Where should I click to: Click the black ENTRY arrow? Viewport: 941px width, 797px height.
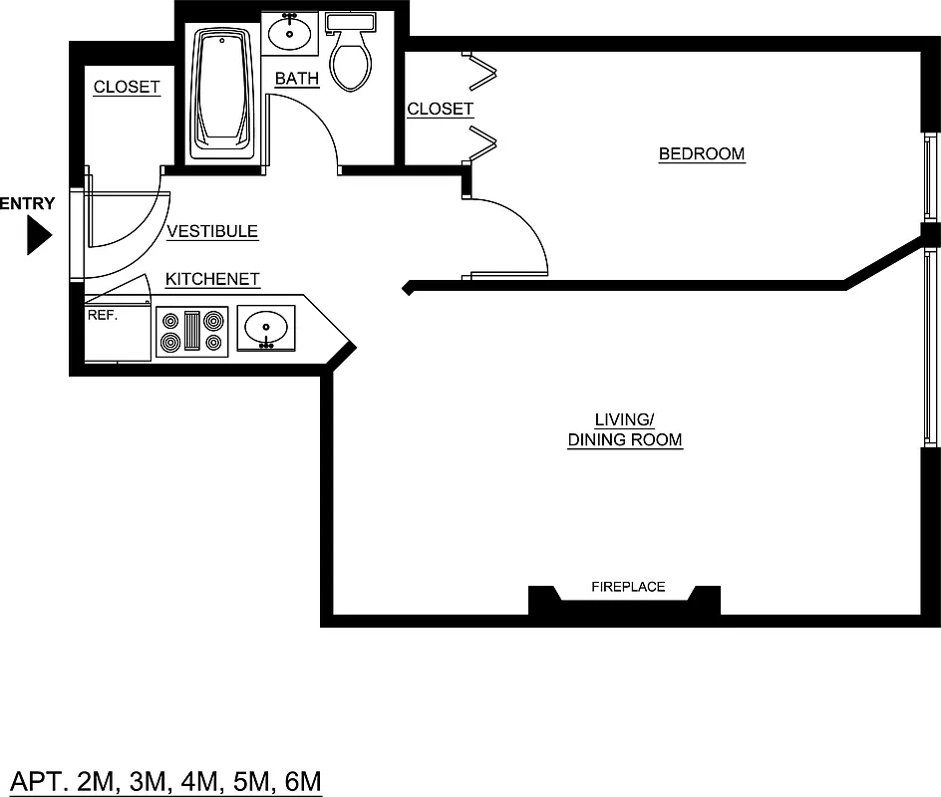point(38,236)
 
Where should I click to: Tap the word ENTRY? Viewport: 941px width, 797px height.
point(27,204)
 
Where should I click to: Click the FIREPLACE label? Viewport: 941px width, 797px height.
point(628,587)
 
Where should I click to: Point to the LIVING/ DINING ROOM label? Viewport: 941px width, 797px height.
point(625,430)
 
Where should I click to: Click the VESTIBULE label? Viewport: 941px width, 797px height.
point(212,231)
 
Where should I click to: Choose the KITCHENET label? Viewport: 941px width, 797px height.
point(212,279)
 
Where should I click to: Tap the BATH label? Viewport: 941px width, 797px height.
point(297,79)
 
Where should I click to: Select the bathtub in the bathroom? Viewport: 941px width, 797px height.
point(224,90)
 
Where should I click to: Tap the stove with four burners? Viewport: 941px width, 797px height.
point(192,332)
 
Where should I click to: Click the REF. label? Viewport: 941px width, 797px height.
point(103,314)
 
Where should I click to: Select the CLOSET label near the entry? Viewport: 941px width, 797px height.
point(127,87)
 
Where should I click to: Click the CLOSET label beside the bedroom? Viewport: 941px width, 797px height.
point(440,109)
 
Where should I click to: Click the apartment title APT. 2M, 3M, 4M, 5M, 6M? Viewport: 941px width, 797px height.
point(165,780)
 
